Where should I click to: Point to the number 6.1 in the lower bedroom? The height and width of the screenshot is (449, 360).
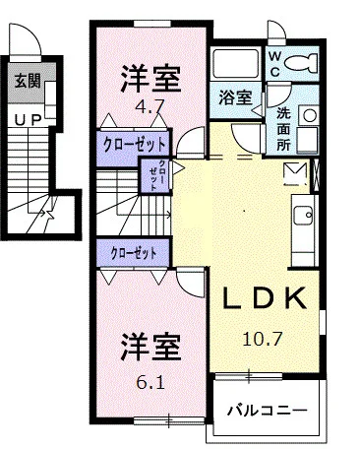(150, 378)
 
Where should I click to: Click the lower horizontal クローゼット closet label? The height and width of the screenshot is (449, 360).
(135, 252)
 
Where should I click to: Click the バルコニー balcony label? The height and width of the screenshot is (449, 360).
(265, 409)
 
